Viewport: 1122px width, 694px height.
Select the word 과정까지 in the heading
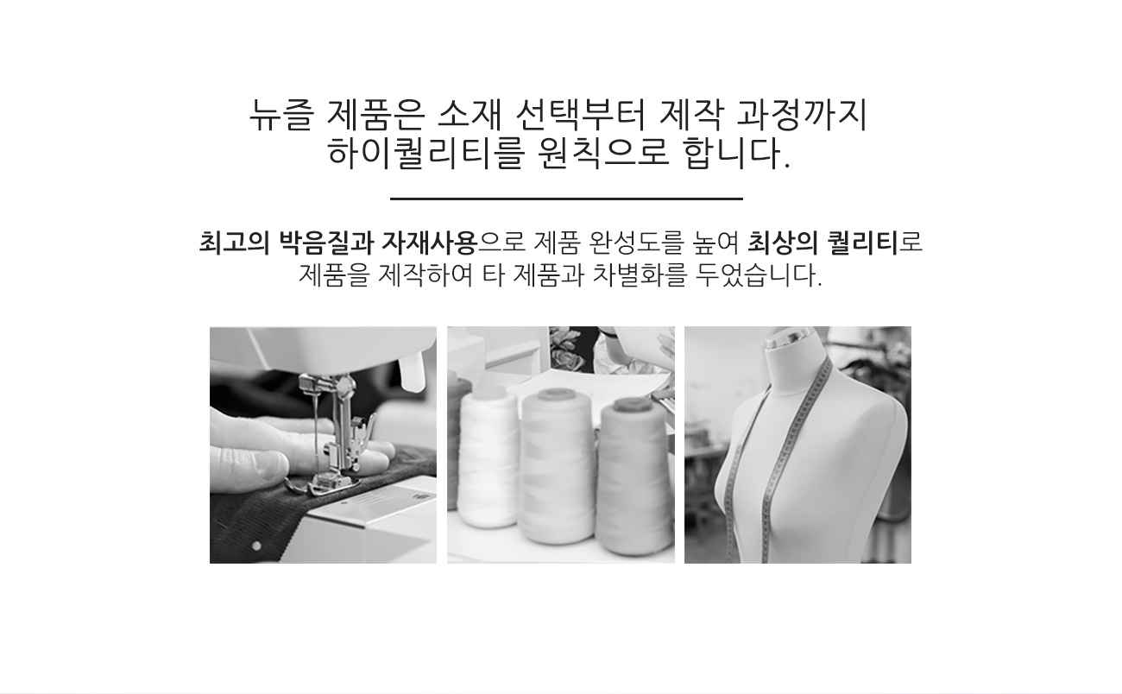pyautogui.click(x=803, y=116)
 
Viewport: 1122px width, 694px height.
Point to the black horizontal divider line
pyautogui.click(x=566, y=199)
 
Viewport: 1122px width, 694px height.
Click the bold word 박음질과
pyautogui.click(x=326, y=243)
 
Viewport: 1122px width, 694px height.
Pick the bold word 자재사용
pyautogui.click(x=429, y=243)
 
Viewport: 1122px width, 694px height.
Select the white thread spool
pyautogui.click(x=488, y=458)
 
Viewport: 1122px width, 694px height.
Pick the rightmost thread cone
pyautogui.click(x=636, y=476)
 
